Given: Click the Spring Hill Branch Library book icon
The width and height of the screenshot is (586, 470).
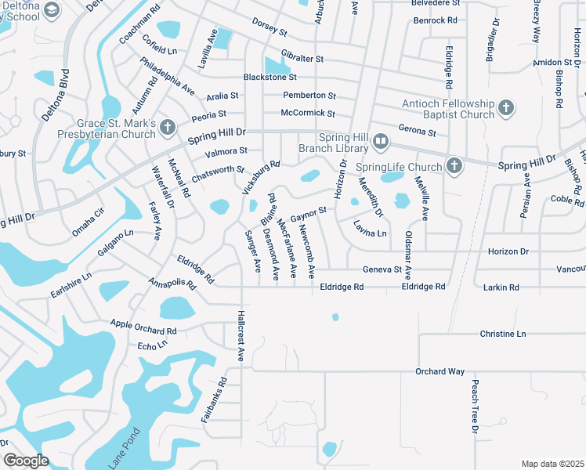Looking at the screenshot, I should click(x=381, y=141).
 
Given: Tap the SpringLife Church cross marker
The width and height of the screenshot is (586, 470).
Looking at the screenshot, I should click(x=454, y=165).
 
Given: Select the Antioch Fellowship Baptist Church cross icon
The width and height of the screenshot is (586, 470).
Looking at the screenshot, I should click(x=506, y=108).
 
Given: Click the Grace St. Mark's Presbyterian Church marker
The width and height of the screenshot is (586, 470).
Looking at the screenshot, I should click(x=167, y=127).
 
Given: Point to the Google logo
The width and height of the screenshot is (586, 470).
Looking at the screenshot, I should click(x=25, y=461).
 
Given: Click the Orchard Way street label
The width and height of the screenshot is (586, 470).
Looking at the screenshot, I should click(x=440, y=371).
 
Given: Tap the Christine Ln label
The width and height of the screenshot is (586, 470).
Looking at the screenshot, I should click(x=503, y=334).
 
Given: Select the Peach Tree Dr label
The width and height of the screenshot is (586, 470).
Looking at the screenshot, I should click(x=475, y=407).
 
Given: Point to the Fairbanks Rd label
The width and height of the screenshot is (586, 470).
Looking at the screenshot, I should click(x=213, y=401).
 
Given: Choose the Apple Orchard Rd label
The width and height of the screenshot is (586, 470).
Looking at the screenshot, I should click(x=143, y=327).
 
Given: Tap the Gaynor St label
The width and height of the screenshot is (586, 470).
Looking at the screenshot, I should click(x=308, y=213).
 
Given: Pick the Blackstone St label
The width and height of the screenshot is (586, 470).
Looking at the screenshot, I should click(x=270, y=77).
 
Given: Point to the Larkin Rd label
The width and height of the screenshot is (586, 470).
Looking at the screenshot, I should click(x=502, y=287).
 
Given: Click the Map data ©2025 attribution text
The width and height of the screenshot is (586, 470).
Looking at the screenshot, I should click(x=553, y=464).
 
